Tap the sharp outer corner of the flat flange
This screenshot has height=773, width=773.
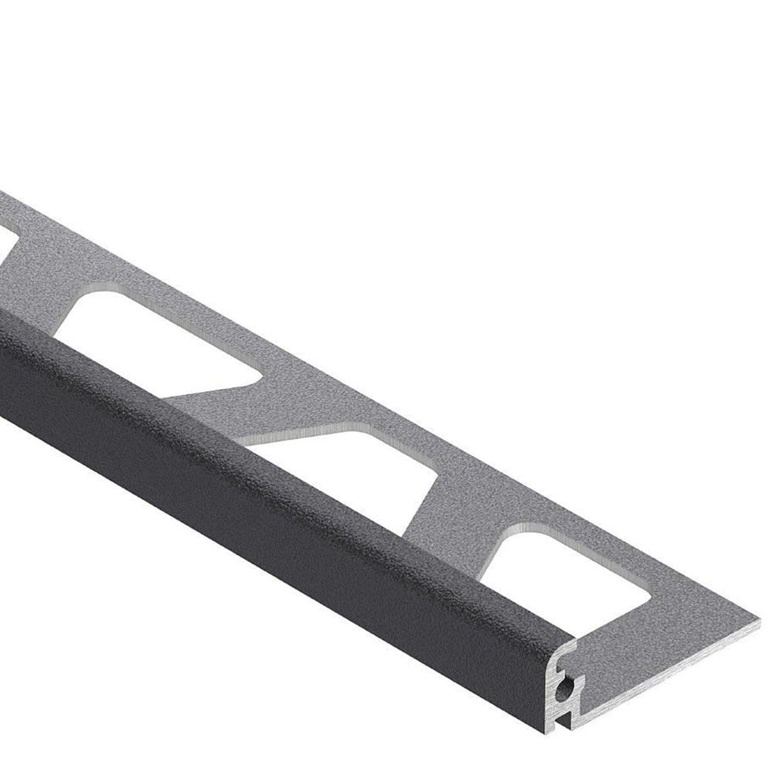[x=759, y=620]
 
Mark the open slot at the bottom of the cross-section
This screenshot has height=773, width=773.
[x=572, y=719]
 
